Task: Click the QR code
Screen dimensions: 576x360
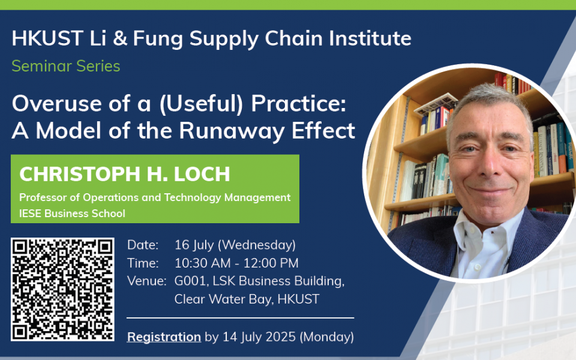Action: [62, 289]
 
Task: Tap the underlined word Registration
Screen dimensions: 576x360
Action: [164, 337]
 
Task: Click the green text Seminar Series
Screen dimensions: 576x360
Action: [66, 66]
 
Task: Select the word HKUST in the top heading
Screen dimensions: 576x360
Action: [47, 38]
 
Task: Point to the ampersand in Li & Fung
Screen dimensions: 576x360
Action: [120, 38]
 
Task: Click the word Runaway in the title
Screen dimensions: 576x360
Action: [232, 131]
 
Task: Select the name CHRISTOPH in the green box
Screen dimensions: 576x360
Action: [80, 174]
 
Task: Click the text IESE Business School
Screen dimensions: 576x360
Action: [73, 214]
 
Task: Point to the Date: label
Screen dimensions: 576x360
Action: [143, 245]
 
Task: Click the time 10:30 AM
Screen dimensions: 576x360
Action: [202, 263]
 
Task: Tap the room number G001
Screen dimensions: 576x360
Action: [190, 281]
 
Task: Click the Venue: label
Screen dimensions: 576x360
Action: [146, 281]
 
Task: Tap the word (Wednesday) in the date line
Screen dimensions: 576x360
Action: [257, 245]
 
